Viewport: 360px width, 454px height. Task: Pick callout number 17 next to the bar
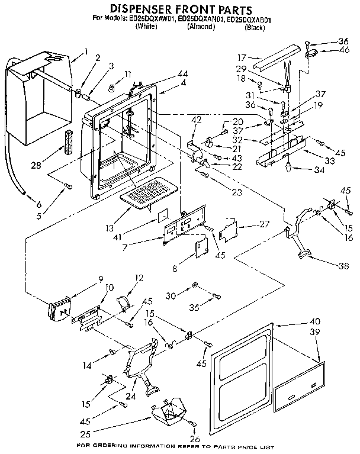point(242,57)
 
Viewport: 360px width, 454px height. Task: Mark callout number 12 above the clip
point(140,277)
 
